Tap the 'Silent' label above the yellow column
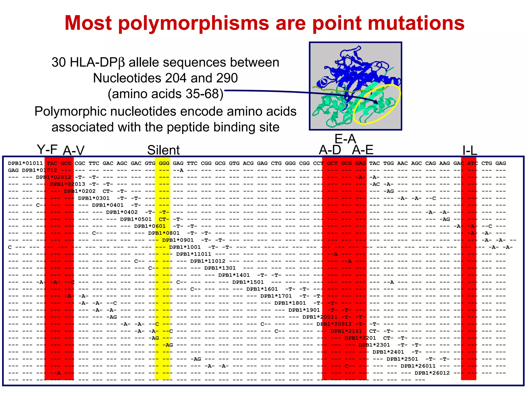[x=163, y=150]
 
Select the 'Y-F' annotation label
[x=47, y=149]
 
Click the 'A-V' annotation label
[x=73, y=151]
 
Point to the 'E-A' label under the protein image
[x=345, y=139]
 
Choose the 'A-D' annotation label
[x=330, y=150]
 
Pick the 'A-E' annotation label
[x=362, y=150]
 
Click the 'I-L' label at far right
[x=469, y=151]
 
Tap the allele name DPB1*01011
[x=25, y=163]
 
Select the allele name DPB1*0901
[x=178, y=240]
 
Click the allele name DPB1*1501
[x=248, y=282]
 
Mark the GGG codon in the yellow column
[x=164, y=163]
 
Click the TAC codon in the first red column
[x=52, y=163]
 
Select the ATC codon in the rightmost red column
[x=472, y=163]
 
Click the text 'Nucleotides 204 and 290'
[x=165, y=78]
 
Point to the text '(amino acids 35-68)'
[x=165, y=94]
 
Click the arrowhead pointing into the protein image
[x=375, y=102]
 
